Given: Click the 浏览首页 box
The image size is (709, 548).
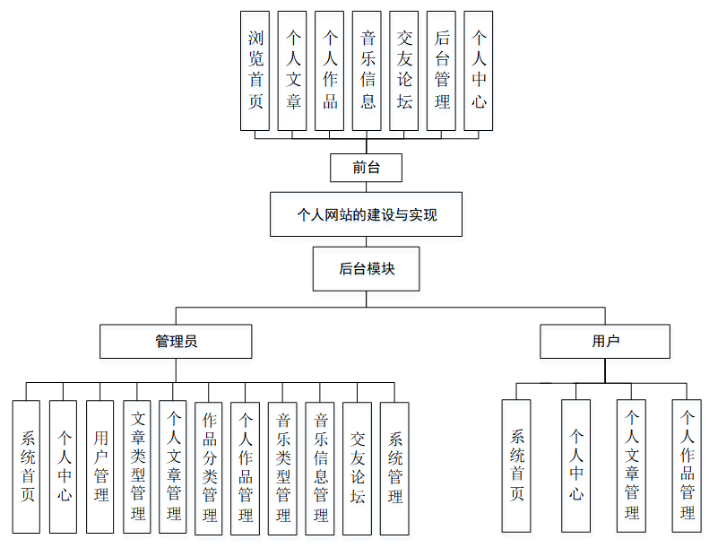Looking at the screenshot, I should coord(255,71).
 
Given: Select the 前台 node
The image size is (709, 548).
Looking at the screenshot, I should coord(366,168).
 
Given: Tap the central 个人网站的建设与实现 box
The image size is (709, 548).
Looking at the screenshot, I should coord(366,214).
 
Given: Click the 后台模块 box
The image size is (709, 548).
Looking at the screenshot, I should coord(366,269).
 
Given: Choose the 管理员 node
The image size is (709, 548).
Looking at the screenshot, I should coord(176,342).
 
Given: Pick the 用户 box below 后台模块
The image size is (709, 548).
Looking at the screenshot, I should coord(605,342).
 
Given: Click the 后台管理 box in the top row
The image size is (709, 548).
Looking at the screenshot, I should coord(441,71).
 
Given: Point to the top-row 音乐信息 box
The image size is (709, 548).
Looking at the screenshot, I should coord(367,71).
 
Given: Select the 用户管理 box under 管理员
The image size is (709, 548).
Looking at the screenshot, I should coord(100,466).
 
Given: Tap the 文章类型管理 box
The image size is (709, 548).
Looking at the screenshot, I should coord(137,466).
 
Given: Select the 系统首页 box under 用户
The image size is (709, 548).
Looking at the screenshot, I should coord(516,466).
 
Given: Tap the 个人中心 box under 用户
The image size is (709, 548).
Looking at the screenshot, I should coord(576,466).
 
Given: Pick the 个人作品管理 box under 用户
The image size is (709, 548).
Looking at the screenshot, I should coord(687,466).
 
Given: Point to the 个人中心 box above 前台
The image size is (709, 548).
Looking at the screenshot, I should coord(480,71).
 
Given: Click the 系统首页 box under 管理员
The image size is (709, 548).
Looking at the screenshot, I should coord(27,467).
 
